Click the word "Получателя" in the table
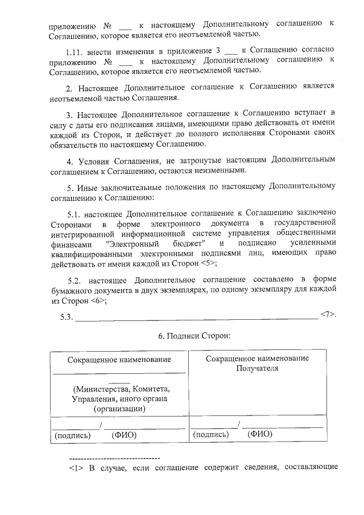coord(258,369)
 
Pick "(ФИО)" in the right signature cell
coord(260,435)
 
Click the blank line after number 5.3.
coord(196,317)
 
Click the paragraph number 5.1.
coord(76,215)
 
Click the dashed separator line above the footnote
coord(114,458)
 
